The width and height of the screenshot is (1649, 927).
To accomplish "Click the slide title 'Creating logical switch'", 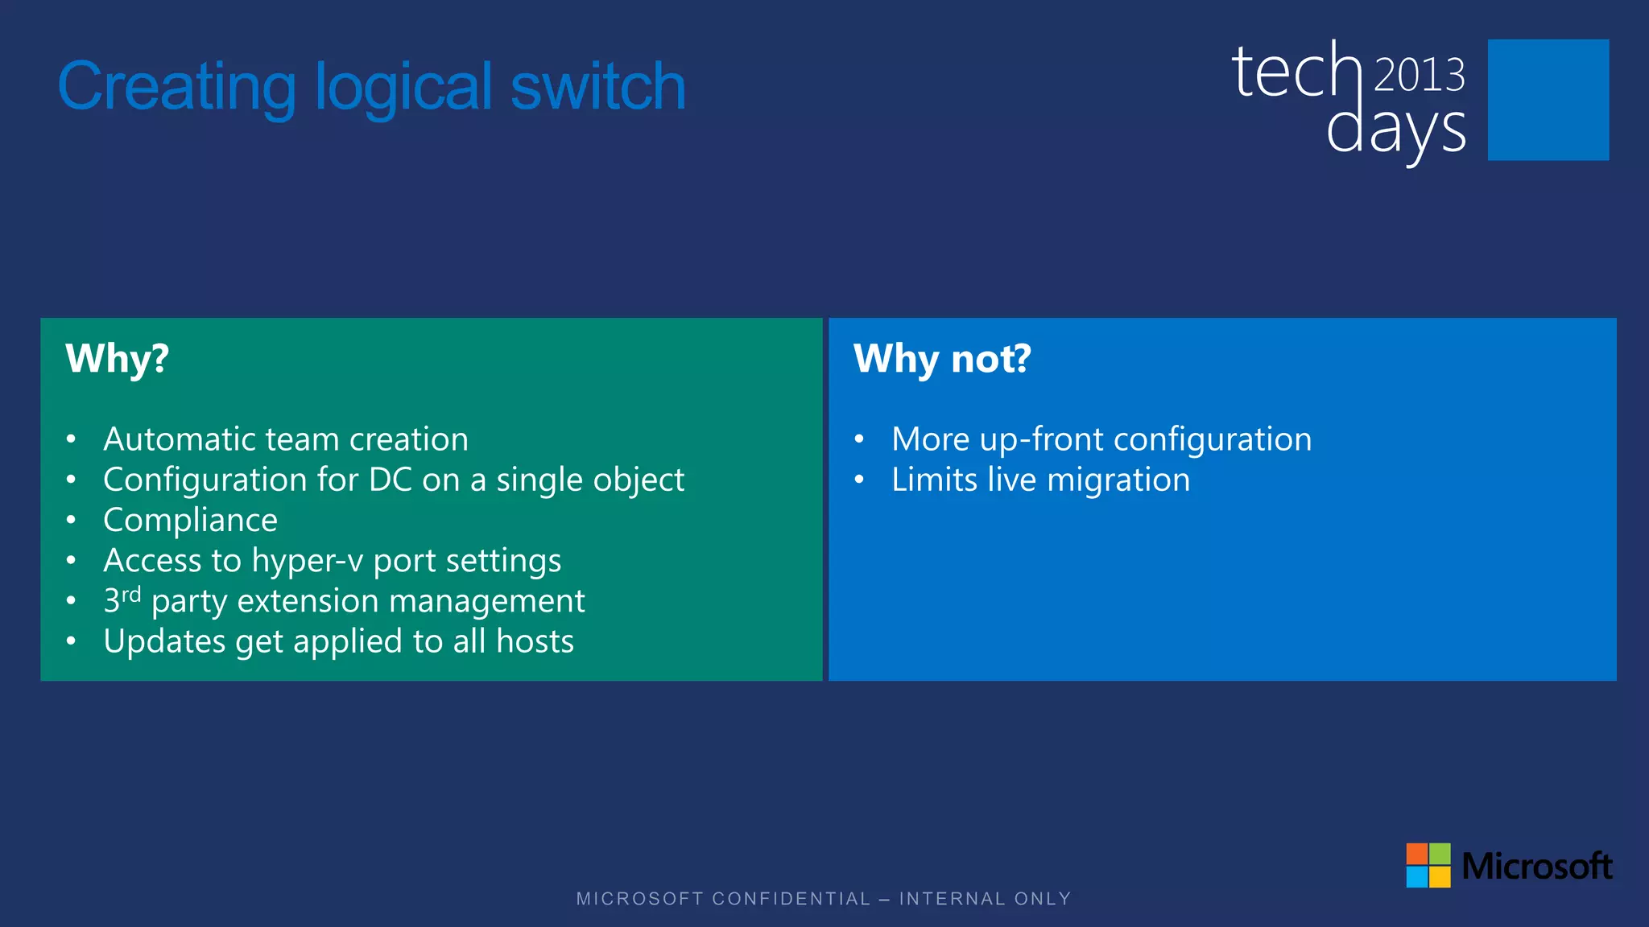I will (x=371, y=87).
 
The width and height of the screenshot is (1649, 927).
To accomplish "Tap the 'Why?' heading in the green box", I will (x=118, y=359).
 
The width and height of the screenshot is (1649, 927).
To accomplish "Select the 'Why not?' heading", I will (x=942, y=359).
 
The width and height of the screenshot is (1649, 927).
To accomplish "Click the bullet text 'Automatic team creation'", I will (x=286, y=439).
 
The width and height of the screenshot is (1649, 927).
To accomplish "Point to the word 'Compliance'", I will (x=191, y=521).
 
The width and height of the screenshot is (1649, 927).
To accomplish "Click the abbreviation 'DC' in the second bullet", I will (x=391, y=480).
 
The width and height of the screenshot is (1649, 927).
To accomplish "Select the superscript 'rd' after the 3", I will (x=131, y=594).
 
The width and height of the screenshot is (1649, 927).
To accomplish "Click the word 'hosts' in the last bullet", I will (x=535, y=642).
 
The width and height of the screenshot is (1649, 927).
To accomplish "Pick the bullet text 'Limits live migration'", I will (x=1040, y=480).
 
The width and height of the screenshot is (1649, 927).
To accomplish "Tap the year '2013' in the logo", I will (x=1419, y=75).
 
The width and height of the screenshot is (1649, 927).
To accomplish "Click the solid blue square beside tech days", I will (x=1548, y=100).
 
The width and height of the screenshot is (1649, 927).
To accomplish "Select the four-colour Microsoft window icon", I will (x=1428, y=865).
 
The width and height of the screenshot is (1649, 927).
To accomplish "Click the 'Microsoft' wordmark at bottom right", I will (x=1536, y=867).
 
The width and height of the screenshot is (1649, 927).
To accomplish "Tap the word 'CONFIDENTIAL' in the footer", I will (x=791, y=899).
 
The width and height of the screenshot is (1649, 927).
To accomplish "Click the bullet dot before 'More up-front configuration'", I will (x=859, y=439).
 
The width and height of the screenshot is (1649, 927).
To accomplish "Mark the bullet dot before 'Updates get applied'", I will (x=72, y=641).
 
